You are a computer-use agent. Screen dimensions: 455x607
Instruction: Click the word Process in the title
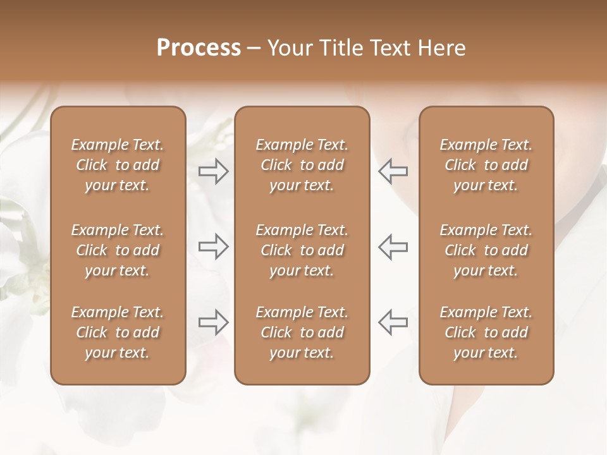pos(199,48)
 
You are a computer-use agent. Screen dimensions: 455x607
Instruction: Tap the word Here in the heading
pos(441,48)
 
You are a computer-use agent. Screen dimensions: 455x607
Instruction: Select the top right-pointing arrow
pos(213,171)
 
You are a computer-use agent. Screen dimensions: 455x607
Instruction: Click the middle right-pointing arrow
pos(213,246)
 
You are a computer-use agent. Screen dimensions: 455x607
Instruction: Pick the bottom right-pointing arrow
pos(213,322)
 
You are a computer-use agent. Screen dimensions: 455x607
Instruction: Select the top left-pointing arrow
pos(393,171)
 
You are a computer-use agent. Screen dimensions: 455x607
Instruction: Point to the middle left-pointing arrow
pos(393,246)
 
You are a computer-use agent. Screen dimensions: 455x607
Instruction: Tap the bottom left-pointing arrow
pos(393,322)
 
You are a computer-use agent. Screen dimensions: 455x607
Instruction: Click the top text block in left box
pos(118,165)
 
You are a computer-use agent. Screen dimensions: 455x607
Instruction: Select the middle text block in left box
pos(118,250)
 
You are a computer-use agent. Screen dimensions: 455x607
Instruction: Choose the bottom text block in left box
pos(118,332)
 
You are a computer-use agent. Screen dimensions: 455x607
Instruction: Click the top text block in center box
pos(302,165)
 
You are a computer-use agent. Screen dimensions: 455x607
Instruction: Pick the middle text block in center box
pos(302,250)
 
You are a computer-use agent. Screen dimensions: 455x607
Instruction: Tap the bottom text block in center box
pos(302,332)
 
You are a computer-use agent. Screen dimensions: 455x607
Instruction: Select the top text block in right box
pos(486,165)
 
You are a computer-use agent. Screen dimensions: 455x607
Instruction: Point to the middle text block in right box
pos(486,250)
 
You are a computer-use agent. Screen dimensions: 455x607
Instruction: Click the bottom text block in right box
pos(486,332)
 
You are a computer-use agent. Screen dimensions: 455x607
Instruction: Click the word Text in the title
pos(388,48)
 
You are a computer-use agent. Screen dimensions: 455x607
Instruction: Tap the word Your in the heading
pos(290,48)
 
